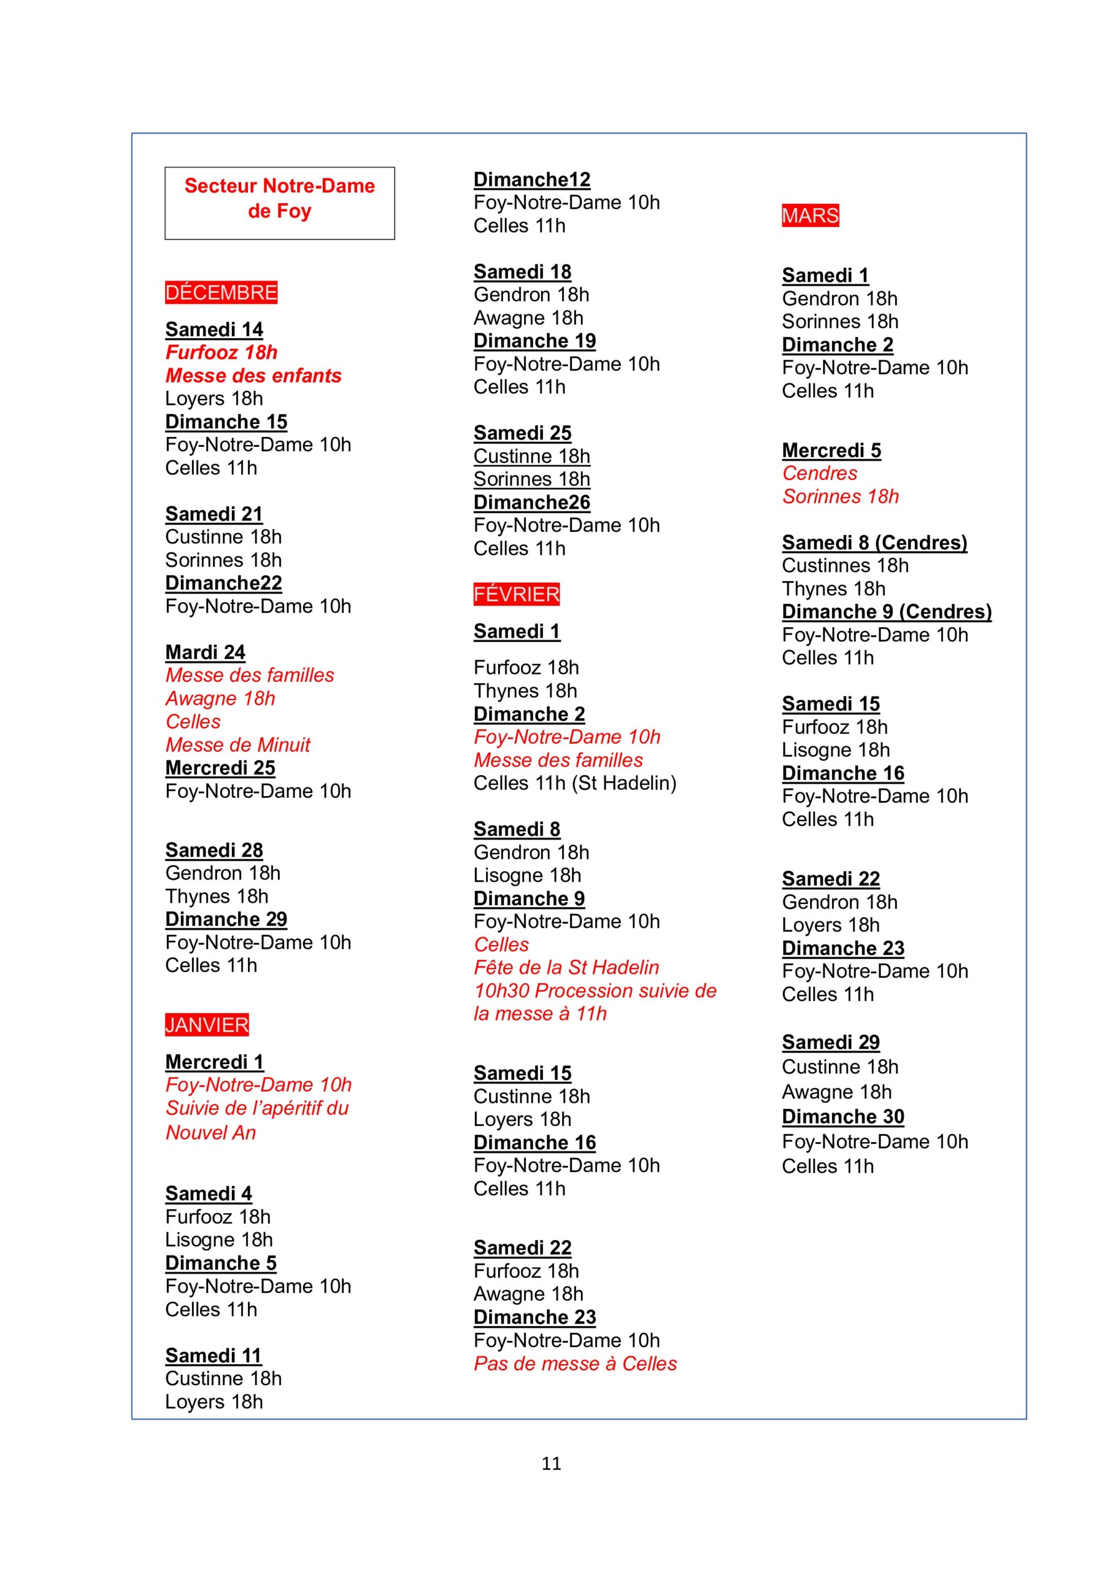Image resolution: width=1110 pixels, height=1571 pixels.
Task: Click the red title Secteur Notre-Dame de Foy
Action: point(279,198)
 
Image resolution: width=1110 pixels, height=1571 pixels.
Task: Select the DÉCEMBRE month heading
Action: point(221,293)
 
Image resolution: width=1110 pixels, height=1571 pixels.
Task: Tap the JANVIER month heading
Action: point(207,1024)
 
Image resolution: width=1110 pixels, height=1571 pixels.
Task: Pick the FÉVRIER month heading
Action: point(517,594)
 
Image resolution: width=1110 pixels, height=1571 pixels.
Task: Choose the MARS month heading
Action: point(811,215)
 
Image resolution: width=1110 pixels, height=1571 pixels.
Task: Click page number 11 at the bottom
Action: point(551,1463)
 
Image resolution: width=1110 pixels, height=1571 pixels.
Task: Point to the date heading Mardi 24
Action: point(206,652)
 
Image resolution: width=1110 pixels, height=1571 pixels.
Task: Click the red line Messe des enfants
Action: point(253,376)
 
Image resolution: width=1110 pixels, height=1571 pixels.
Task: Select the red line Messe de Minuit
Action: point(237,744)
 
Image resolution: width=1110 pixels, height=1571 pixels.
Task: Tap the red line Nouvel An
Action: point(211,1132)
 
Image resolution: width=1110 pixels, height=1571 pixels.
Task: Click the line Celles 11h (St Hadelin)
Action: point(575,783)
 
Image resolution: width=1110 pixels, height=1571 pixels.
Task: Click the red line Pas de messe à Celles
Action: point(575,1363)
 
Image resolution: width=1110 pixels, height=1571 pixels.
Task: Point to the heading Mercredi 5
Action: point(831,450)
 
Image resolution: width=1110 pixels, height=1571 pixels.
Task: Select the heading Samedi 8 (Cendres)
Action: point(874,542)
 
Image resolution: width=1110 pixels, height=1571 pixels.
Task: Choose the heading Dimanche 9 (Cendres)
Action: point(887,611)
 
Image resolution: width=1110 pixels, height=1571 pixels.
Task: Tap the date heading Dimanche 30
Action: point(843,1117)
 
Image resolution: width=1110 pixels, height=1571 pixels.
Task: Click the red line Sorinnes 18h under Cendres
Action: point(841,496)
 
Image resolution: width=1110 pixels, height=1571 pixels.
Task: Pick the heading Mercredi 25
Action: point(220,768)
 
